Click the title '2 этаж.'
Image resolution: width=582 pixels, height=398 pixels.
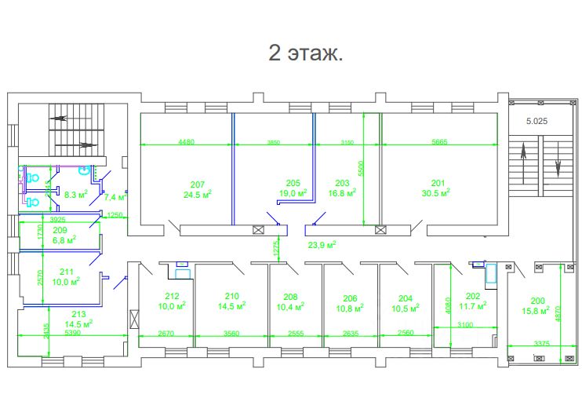[x=306, y=53]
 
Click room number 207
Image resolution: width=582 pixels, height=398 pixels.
[x=198, y=184]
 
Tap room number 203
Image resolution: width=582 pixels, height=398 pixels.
[x=342, y=181]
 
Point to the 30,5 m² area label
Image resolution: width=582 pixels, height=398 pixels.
[x=437, y=193]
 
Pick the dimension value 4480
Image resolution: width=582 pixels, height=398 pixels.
[x=186, y=142]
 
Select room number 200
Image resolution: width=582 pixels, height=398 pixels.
[x=537, y=301]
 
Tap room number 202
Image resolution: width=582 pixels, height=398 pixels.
[x=472, y=296]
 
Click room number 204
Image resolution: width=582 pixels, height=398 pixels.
[x=405, y=298]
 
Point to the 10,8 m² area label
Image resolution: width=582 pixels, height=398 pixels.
[x=351, y=309]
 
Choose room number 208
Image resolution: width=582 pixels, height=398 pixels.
[x=291, y=298]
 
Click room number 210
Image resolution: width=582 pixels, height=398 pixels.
[x=231, y=296]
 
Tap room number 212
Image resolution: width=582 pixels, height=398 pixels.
[x=173, y=296]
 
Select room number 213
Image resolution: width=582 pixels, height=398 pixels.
[x=78, y=314]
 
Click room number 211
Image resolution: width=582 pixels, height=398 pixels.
[x=66, y=272]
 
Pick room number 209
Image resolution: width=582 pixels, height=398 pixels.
[x=60, y=231]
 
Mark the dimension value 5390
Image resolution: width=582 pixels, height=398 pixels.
[x=71, y=333]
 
